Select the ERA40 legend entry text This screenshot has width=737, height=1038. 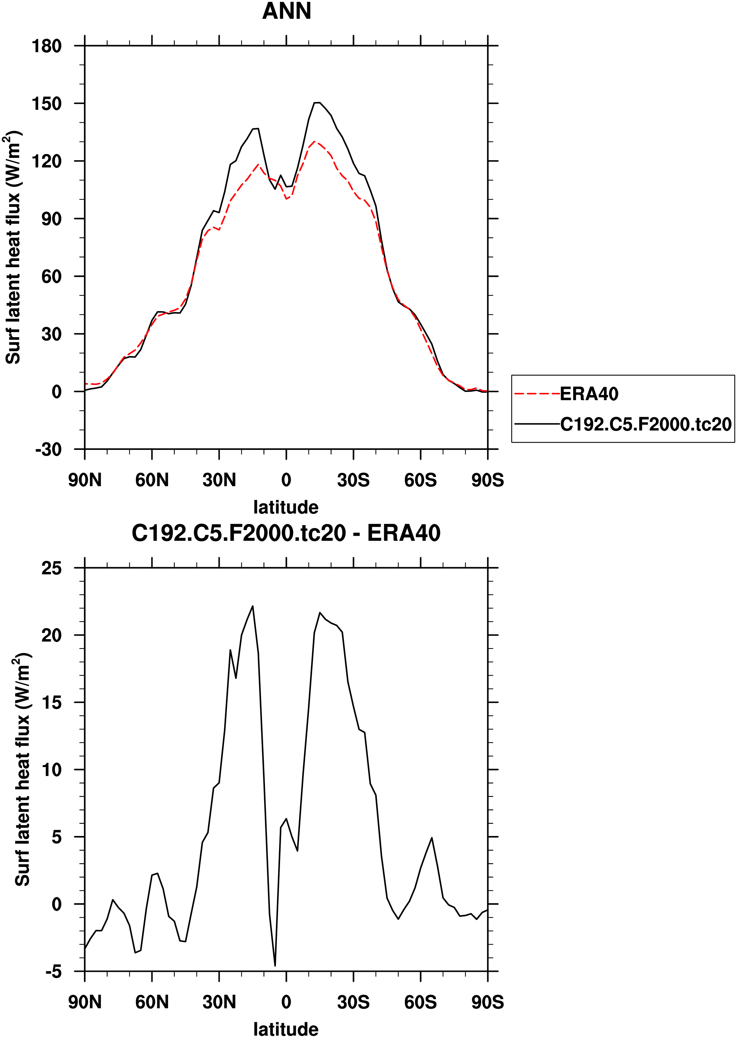pyautogui.click(x=589, y=394)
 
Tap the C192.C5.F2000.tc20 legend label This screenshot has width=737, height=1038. pyautogui.click(x=645, y=424)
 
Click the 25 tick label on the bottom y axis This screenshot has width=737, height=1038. pyautogui.click(x=51, y=568)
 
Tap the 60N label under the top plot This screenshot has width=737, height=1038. pyautogui.click(x=152, y=480)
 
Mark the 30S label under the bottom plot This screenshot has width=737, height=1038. pyautogui.click(x=353, y=1002)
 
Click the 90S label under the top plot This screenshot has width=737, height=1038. pyautogui.click(x=487, y=480)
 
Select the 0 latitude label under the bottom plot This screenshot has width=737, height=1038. pyautogui.click(x=286, y=1002)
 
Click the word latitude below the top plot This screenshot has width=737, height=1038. pyautogui.click(x=286, y=507)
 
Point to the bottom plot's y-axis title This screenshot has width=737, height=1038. pyautogui.click(x=23, y=769)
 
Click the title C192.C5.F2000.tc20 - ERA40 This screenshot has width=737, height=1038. pyautogui.click(x=286, y=533)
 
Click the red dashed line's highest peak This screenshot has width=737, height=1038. pyautogui.click(x=315, y=141)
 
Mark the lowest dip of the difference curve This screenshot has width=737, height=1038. pyautogui.click(x=275, y=965)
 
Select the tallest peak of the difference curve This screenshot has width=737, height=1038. pyautogui.click(x=253, y=606)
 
